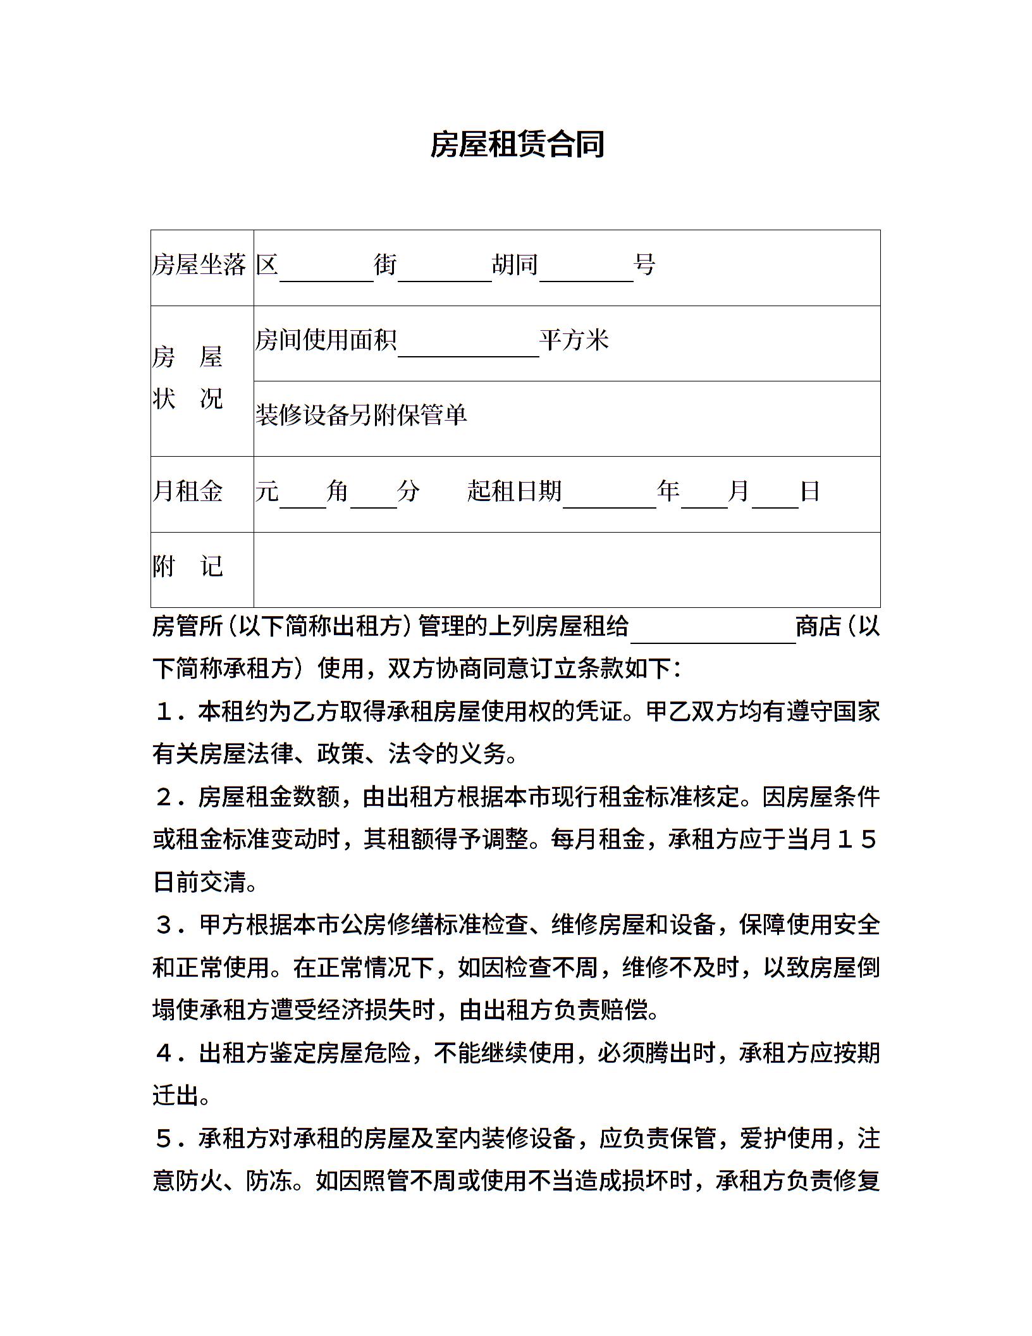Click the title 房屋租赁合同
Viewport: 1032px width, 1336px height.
pos(517,145)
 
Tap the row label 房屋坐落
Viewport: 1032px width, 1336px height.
pos(199,265)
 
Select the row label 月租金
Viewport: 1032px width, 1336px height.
pos(188,492)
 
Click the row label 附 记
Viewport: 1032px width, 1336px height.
pos(188,567)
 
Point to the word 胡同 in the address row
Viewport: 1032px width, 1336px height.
pos(515,265)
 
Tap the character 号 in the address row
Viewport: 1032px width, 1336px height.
pos(644,265)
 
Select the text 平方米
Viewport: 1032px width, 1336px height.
pos(574,341)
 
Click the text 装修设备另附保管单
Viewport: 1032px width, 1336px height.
pos(361,416)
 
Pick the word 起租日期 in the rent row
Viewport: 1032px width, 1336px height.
pos(515,492)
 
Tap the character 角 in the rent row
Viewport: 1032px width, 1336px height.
pos(338,492)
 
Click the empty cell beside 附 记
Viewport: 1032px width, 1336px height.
pos(566,569)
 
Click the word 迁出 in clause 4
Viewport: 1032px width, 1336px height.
pos(176,1096)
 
